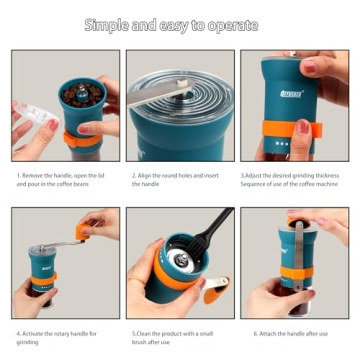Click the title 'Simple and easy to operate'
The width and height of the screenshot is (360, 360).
(x=180, y=25)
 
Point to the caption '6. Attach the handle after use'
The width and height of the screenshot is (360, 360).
(x=295, y=332)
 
